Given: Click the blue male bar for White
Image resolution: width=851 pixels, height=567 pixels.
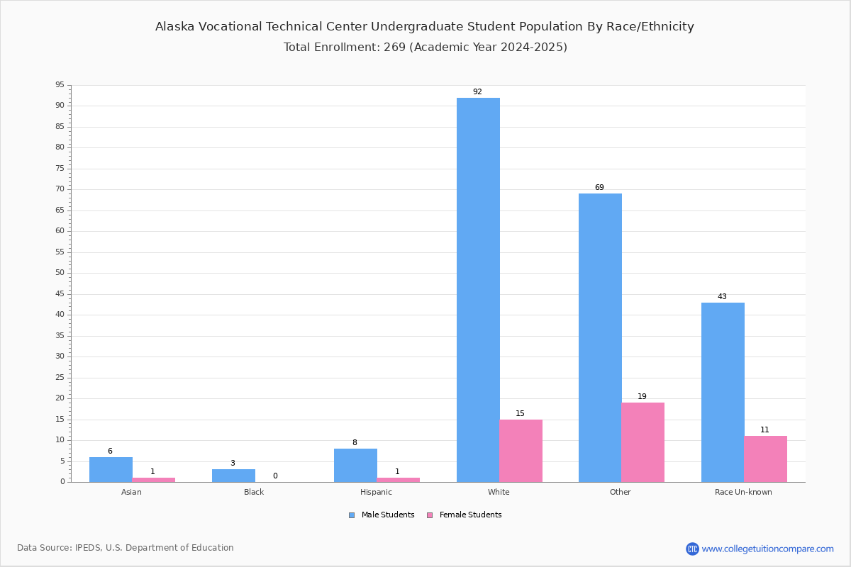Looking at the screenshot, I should point(478,290).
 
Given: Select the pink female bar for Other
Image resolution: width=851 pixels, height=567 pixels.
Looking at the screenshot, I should point(643,442).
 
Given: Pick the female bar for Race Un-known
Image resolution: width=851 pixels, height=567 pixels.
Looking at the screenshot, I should point(765,459).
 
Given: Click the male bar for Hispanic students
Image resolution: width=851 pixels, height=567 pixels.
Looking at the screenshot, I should point(355,465).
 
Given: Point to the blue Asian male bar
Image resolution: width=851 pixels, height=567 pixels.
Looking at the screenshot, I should point(111,469).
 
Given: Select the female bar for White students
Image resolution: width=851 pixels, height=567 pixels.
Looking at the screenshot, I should point(521,451).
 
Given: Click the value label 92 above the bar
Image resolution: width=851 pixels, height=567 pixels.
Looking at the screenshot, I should point(477,92).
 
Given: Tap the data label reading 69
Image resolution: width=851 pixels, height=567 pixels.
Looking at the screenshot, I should point(599,188).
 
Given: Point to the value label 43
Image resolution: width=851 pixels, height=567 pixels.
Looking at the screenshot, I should point(722,297).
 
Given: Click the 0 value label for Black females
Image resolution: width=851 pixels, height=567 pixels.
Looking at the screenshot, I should point(275,476).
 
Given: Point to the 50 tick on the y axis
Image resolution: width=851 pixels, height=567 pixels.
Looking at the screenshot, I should point(60,273).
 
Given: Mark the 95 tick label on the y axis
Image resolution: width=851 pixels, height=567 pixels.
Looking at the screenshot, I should point(60,85).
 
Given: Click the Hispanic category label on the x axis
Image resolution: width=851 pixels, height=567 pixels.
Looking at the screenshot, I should point(376,492).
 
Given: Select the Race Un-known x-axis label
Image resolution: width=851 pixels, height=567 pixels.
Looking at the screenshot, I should point(743,492).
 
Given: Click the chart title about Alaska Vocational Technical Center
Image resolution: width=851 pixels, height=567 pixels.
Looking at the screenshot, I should point(425,27).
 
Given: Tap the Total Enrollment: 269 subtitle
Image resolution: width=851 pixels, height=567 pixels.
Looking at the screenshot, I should point(425,47).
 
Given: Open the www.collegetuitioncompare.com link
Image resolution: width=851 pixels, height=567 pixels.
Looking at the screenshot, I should point(767,549).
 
